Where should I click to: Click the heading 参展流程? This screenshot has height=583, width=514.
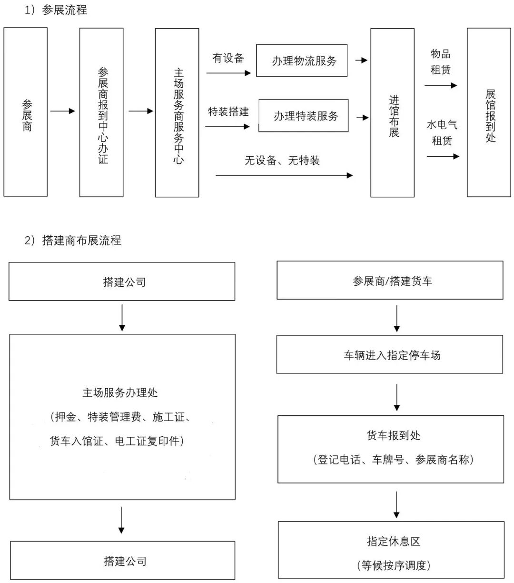(x=64, y=10)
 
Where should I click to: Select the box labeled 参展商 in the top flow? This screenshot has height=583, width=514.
(x=26, y=112)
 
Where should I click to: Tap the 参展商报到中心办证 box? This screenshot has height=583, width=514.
(x=102, y=112)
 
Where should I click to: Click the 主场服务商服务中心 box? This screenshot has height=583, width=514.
(x=178, y=112)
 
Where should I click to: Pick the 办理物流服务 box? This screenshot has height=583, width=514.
(x=302, y=60)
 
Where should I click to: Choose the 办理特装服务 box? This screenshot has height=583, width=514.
(x=304, y=116)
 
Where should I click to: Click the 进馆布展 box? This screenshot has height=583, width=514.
(x=393, y=112)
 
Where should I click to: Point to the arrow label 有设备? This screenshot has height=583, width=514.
(x=228, y=59)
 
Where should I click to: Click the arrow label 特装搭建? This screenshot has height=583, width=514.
(x=228, y=112)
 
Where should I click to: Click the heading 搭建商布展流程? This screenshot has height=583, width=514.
(x=81, y=241)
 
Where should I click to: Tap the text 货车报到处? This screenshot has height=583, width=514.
(x=394, y=435)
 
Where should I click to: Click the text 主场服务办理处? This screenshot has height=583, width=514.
(x=120, y=393)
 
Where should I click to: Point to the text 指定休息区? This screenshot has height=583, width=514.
(x=394, y=542)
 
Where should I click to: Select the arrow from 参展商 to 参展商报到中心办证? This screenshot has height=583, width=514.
(x=63, y=111)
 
